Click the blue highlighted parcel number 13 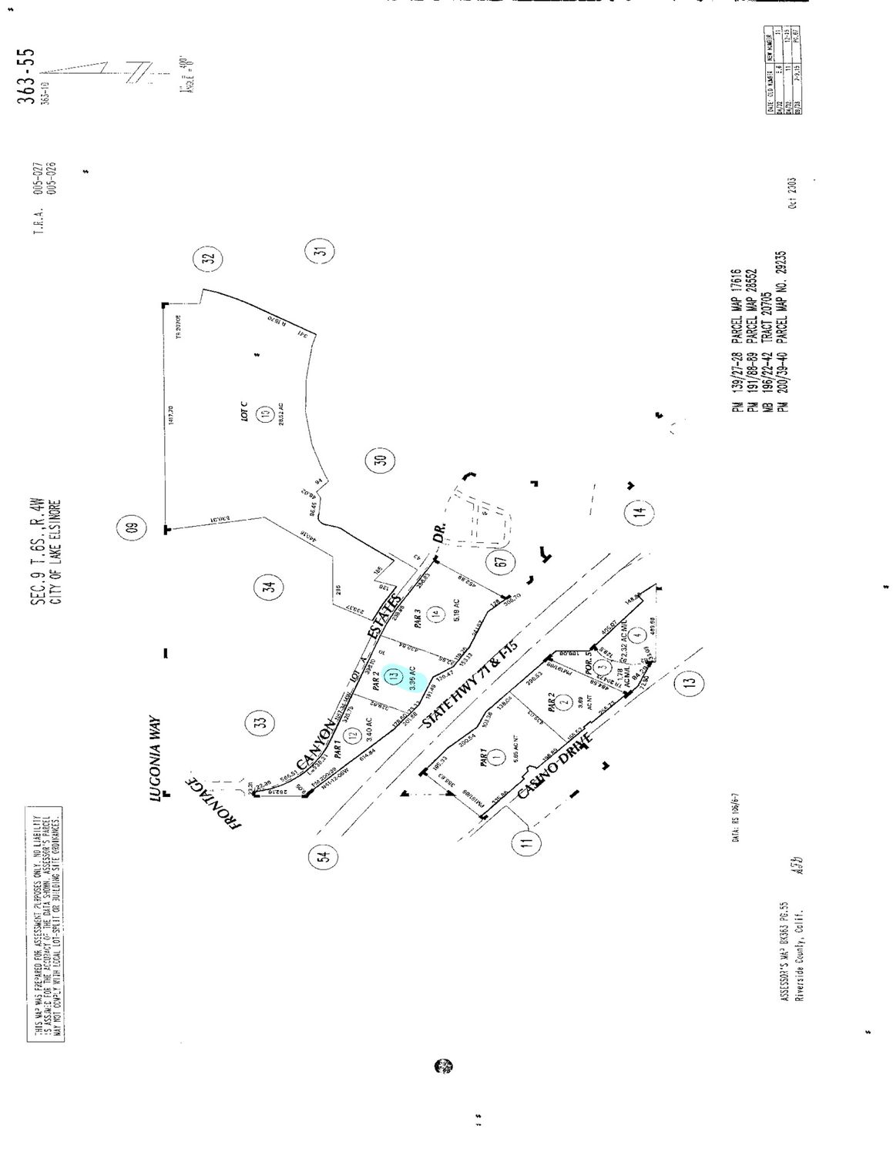point(394,676)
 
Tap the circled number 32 point(209,259)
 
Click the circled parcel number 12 point(353,735)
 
